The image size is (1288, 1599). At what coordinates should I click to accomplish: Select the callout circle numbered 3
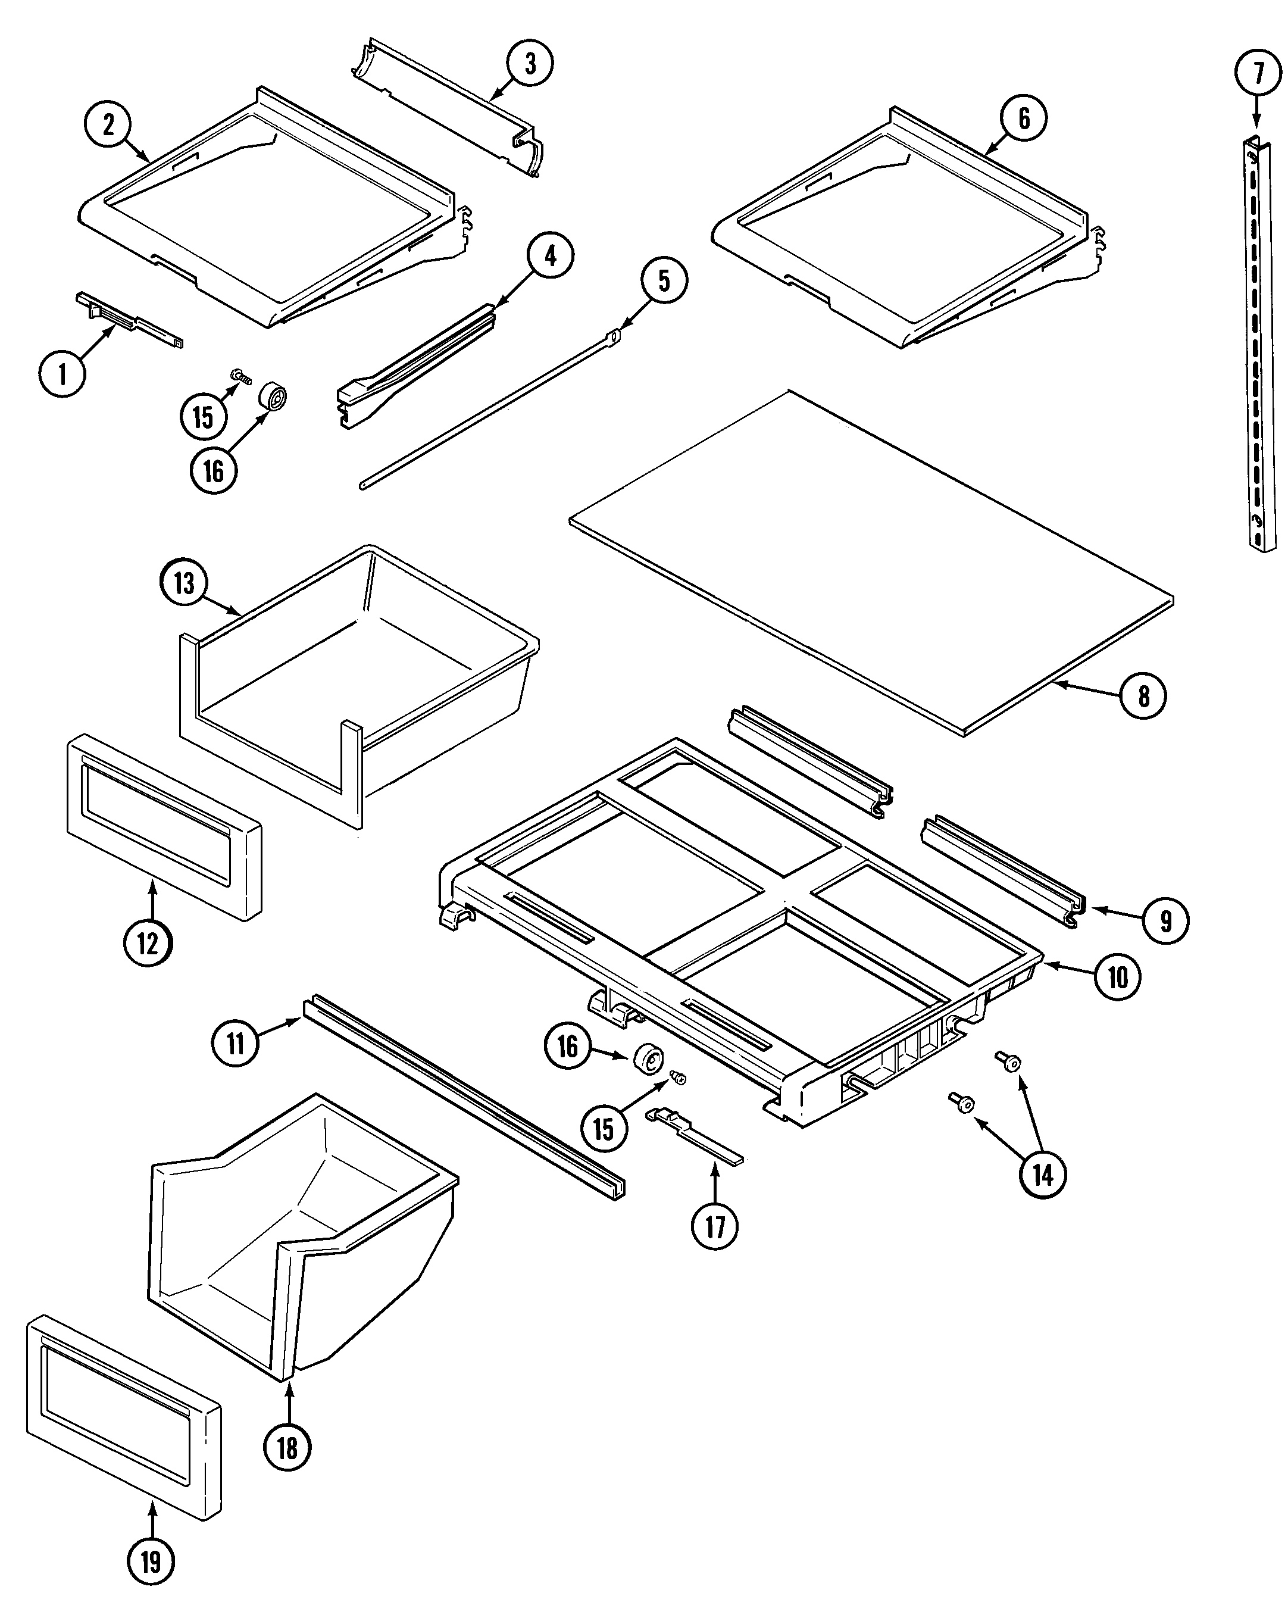coord(530,63)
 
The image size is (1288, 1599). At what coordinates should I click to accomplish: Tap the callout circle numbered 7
coord(1257,73)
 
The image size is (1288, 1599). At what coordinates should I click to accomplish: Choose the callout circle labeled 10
coord(1117,977)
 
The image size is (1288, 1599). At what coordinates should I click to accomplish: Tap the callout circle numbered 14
coord(1042,1174)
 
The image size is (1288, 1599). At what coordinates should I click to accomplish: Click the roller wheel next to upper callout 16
coord(272,397)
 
